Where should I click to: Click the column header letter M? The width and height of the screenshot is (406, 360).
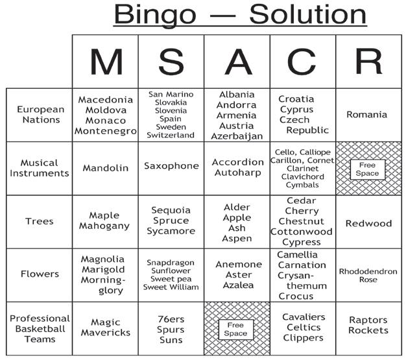pyautogui.click(x=105, y=62)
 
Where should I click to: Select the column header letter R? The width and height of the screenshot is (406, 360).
pyautogui.click(x=368, y=62)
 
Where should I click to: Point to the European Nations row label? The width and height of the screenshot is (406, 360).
pyautogui.click(x=41, y=115)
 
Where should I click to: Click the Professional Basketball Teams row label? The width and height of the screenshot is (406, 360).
pyautogui.click(x=40, y=329)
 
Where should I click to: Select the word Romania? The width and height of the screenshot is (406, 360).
pyautogui.click(x=367, y=115)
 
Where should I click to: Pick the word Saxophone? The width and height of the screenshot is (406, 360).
pyautogui.click(x=171, y=166)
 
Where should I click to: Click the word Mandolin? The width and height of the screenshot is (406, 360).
pyautogui.click(x=106, y=168)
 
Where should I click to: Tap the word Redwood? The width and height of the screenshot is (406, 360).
pyautogui.click(x=368, y=224)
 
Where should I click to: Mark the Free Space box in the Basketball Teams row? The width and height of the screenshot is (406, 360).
pyautogui.click(x=236, y=329)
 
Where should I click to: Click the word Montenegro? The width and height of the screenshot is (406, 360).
pyautogui.click(x=106, y=131)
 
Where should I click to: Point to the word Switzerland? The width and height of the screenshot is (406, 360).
pyautogui.click(x=171, y=136)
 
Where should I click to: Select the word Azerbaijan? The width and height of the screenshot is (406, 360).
pyautogui.click(x=237, y=136)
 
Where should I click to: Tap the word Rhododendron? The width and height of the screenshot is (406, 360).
pyautogui.click(x=368, y=271)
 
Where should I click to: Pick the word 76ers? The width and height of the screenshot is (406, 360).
pyautogui.click(x=171, y=318)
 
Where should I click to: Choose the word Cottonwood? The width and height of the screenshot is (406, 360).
pyautogui.click(x=302, y=232)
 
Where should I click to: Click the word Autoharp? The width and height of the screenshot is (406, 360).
pyautogui.click(x=237, y=173)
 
